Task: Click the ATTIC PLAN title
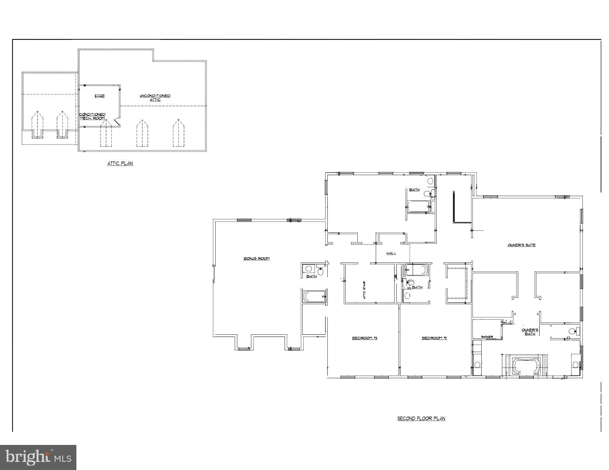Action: [x=120, y=163]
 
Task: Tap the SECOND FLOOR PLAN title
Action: [x=421, y=418]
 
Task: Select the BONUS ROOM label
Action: [x=257, y=258]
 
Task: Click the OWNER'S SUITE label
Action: [x=522, y=245]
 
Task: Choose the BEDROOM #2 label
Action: [x=434, y=338]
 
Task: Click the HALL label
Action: [x=391, y=253]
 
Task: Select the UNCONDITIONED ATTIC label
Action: [x=155, y=98]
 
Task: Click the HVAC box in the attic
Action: [x=99, y=96]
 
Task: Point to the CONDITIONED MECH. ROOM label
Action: [x=93, y=116]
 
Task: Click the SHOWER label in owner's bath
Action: [x=487, y=337]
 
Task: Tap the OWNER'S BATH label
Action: [x=530, y=332]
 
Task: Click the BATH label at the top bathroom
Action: [x=414, y=190]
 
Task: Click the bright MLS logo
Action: [x=38, y=457]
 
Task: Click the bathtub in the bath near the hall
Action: [x=416, y=270]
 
